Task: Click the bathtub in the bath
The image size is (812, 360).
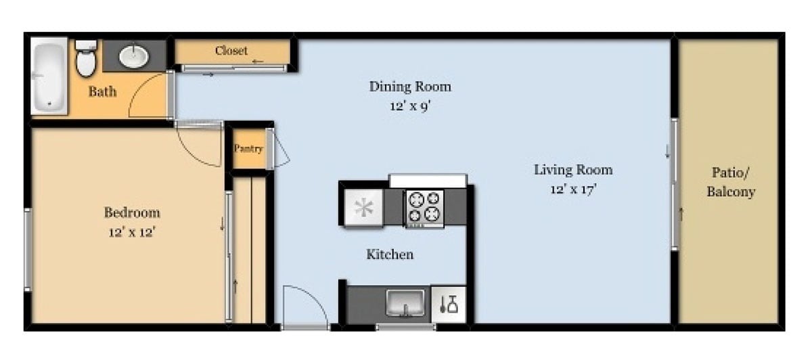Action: click(x=49, y=76)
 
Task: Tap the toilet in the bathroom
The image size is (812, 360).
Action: click(x=86, y=59)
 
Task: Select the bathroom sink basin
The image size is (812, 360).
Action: click(x=134, y=57)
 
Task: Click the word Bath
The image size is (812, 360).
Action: click(x=102, y=91)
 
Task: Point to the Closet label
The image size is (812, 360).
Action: click(x=231, y=51)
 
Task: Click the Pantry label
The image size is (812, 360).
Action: click(x=248, y=148)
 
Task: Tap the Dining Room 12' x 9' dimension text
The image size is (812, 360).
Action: click(x=409, y=106)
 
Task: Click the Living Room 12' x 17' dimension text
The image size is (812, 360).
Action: click(x=572, y=189)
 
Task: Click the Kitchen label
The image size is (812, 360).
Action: click(x=390, y=254)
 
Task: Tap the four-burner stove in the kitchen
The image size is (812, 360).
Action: click(x=424, y=207)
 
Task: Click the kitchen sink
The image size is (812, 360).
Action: click(x=406, y=303)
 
